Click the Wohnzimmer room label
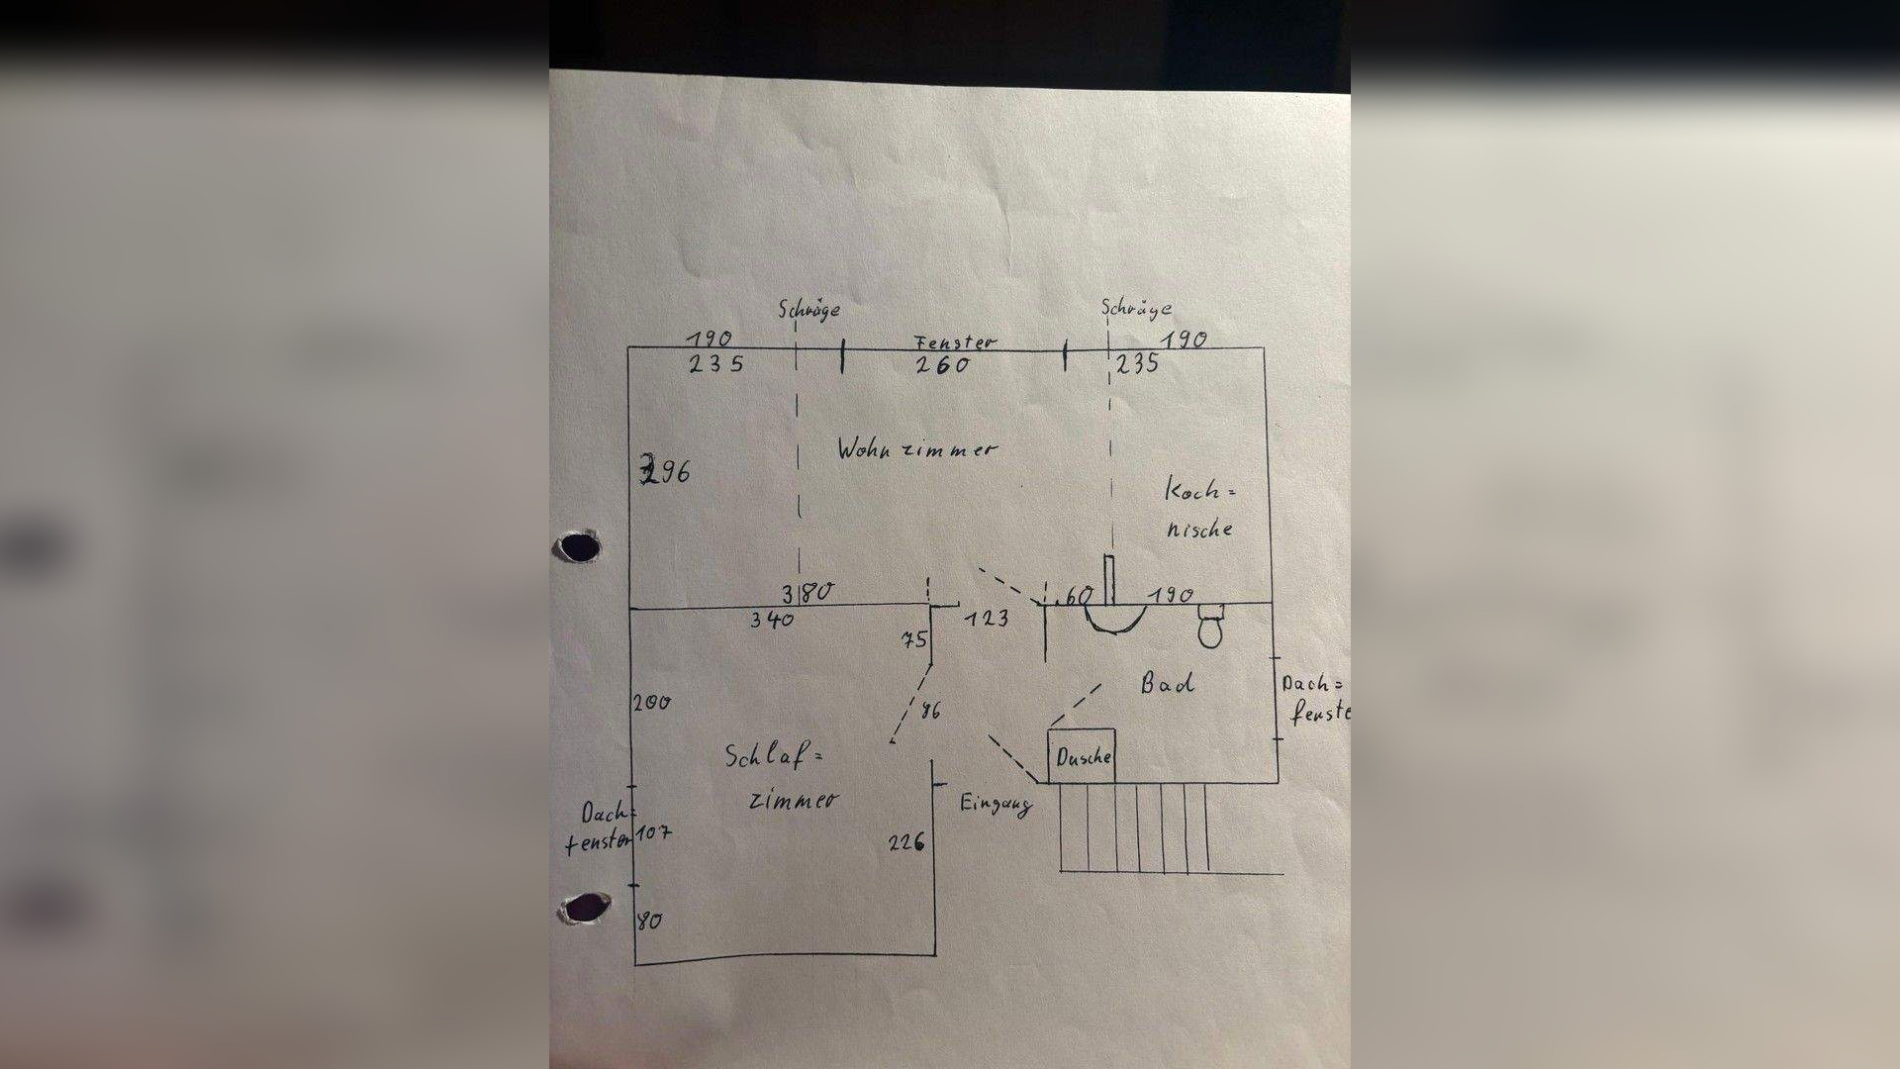point(917,448)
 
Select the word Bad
point(1168,682)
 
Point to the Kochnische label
point(1200,509)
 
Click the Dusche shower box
point(1082,757)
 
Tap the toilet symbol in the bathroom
point(1211,626)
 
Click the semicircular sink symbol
point(1114,618)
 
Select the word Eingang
point(996,804)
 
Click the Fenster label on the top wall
point(955,342)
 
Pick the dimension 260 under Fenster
point(942,365)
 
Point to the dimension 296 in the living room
point(665,471)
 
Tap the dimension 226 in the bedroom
point(906,842)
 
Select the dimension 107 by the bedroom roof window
point(653,833)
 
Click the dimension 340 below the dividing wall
point(771,620)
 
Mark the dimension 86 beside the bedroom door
point(930,710)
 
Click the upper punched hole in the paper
point(579,546)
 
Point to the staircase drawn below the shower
point(1134,827)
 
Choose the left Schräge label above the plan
point(808,309)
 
